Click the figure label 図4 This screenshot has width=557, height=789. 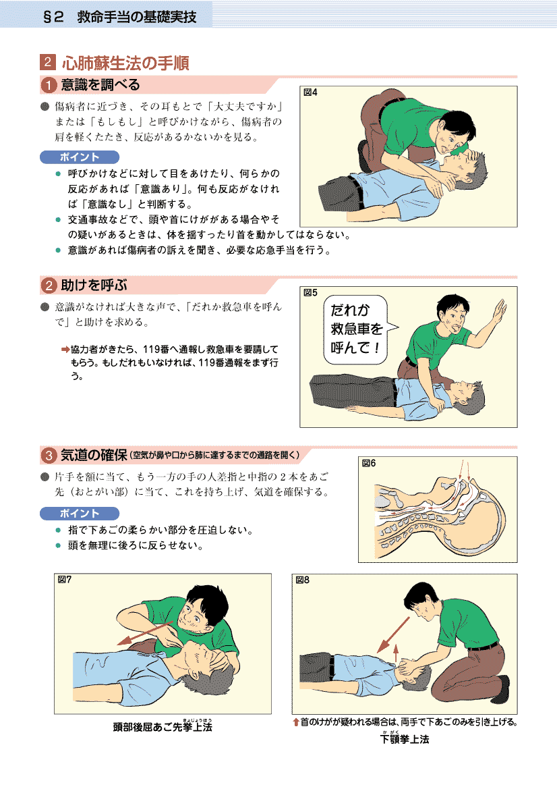(x=310, y=92)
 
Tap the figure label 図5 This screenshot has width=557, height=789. (x=310, y=292)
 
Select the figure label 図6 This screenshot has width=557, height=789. (x=368, y=463)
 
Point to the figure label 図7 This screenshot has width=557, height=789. (x=64, y=580)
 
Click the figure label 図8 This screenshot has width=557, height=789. (x=302, y=580)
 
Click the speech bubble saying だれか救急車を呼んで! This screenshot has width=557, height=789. (x=358, y=329)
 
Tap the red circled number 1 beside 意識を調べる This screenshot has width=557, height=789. (x=49, y=85)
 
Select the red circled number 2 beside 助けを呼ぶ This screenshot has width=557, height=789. (x=49, y=285)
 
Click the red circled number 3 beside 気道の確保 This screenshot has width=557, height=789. (x=49, y=456)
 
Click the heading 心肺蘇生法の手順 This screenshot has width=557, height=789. (x=125, y=63)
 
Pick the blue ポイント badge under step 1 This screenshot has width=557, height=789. (x=80, y=157)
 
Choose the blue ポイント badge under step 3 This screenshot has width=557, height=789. (x=80, y=513)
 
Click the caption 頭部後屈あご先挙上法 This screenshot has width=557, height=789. (x=163, y=727)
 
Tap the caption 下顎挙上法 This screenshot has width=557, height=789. (x=405, y=739)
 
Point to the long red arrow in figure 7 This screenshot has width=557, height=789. (x=145, y=633)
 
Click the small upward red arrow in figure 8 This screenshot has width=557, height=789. (x=396, y=653)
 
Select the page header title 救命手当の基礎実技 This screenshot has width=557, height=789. (x=137, y=17)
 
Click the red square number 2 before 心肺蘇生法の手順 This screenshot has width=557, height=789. (x=48, y=62)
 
